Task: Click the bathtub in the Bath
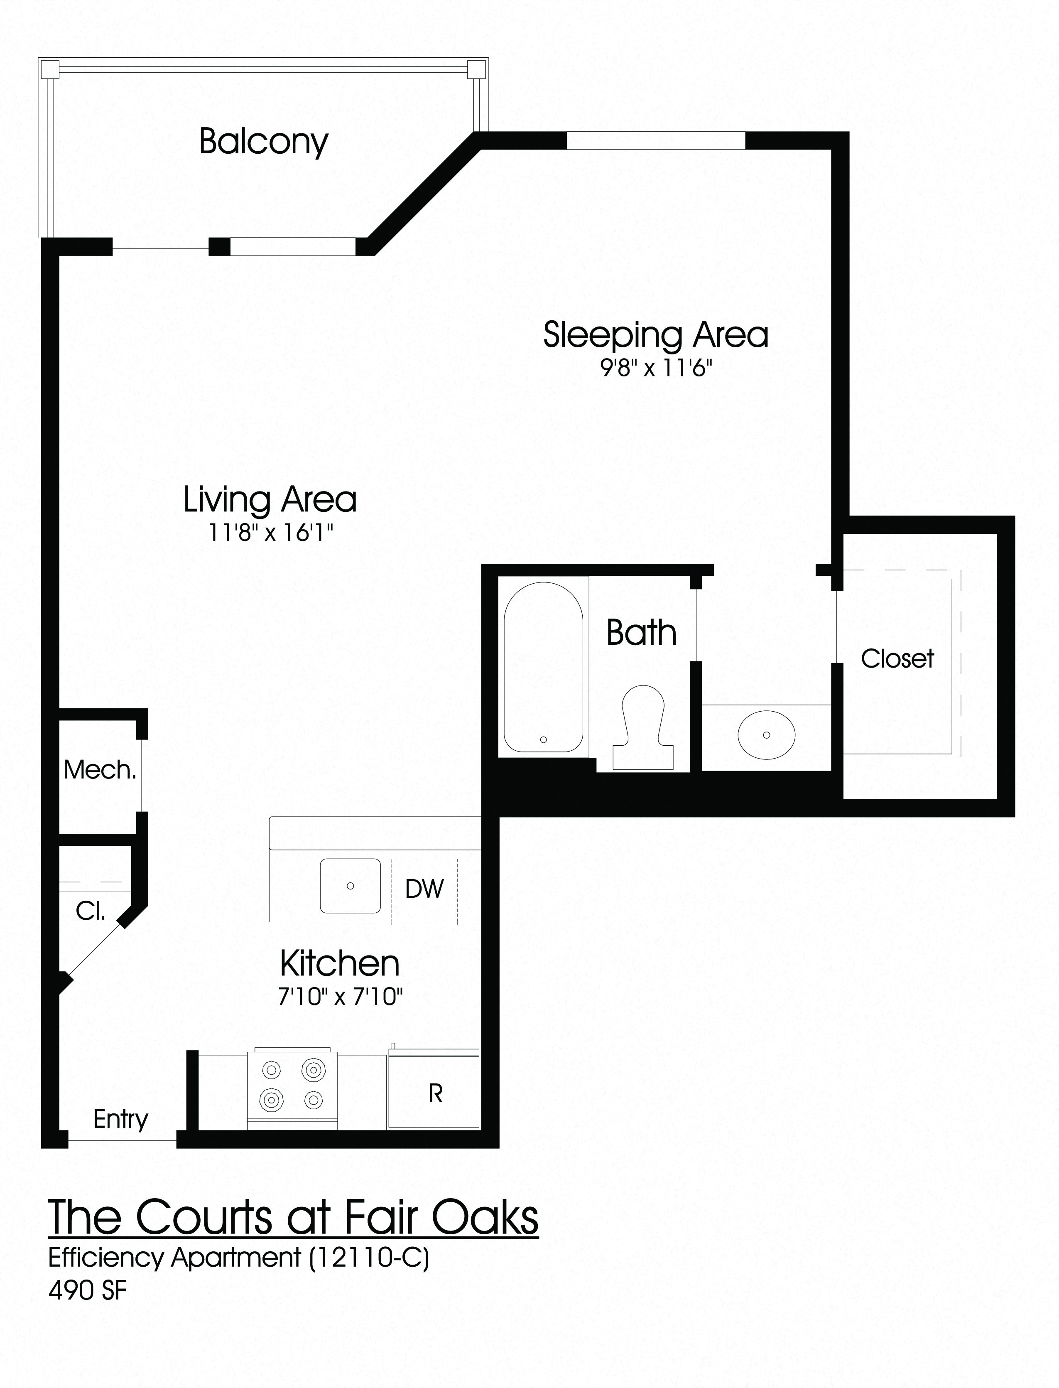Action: pos(543,666)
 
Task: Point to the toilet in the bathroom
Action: pos(643,725)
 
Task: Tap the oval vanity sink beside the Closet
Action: pos(767,735)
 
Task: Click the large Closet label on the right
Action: pos(897,659)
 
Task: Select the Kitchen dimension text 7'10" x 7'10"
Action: pos(341,997)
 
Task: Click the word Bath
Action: pos(641,633)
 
